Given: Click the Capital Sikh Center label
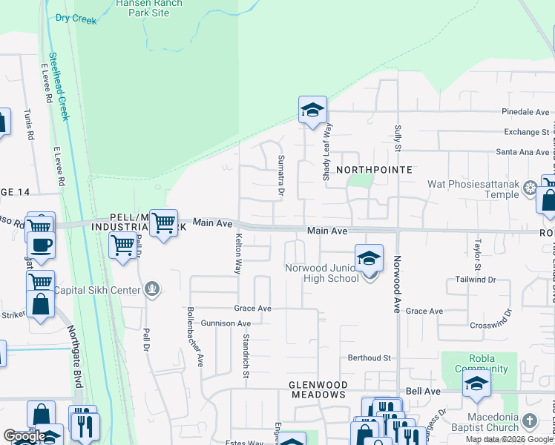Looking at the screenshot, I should (99, 289).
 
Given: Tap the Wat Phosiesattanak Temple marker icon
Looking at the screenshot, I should (530, 188).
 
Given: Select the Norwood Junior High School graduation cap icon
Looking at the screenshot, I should (369, 259).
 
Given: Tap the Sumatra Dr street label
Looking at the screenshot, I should (281, 177).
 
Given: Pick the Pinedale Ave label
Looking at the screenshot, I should (525, 112).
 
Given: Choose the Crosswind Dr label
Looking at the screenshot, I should (493, 326).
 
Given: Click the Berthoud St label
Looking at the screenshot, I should (369, 357).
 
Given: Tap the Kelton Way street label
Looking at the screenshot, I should (238, 254).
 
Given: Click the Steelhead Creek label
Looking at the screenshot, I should (59, 86).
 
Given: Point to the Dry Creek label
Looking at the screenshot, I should (76, 19).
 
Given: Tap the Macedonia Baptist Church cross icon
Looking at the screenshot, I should (528, 421).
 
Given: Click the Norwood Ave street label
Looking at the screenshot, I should (398, 285).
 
